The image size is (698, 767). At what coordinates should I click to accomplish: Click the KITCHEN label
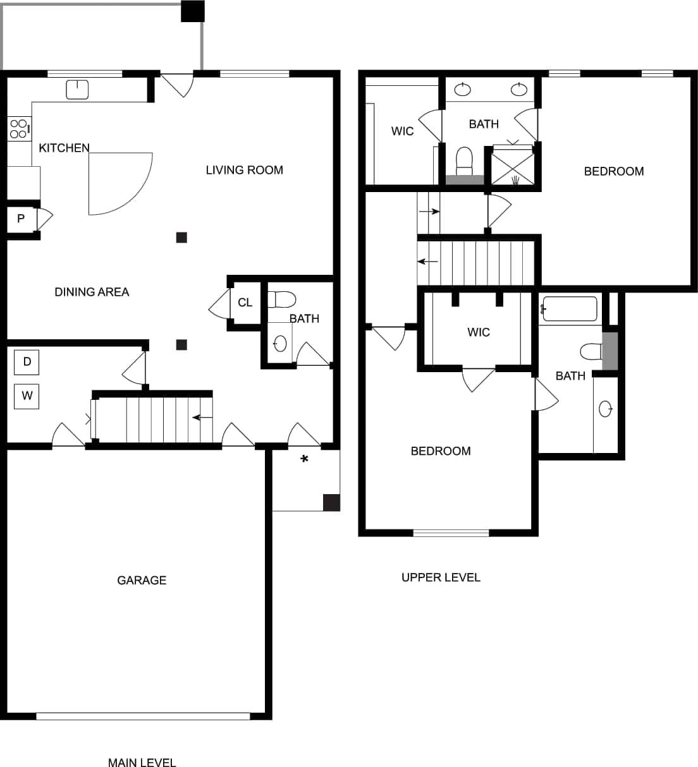tap(64, 148)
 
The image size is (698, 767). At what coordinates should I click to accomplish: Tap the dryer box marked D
tap(27, 362)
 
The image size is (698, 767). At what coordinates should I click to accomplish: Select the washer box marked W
tap(27, 396)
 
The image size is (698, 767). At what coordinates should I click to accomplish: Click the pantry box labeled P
tap(21, 219)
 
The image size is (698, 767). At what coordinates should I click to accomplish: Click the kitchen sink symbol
tap(77, 89)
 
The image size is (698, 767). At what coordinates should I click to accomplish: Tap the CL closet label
tap(245, 303)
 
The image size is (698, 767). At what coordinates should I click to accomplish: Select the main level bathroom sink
tap(280, 344)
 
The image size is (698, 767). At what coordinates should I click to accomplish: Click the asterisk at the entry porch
tap(304, 460)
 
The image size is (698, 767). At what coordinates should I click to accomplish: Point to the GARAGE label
tap(142, 580)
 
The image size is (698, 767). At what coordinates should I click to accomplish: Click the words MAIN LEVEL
tap(142, 763)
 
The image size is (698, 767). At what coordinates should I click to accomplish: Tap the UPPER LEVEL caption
tap(441, 577)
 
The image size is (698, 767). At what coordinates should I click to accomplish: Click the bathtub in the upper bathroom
tap(570, 309)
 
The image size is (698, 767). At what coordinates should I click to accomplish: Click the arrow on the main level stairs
tap(202, 418)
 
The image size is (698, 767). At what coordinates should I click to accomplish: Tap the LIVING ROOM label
tap(244, 170)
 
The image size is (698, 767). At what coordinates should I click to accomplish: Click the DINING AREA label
tap(92, 292)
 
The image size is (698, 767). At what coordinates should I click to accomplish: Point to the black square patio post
tap(192, 11)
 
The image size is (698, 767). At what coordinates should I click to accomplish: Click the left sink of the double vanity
tap(463, 89)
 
